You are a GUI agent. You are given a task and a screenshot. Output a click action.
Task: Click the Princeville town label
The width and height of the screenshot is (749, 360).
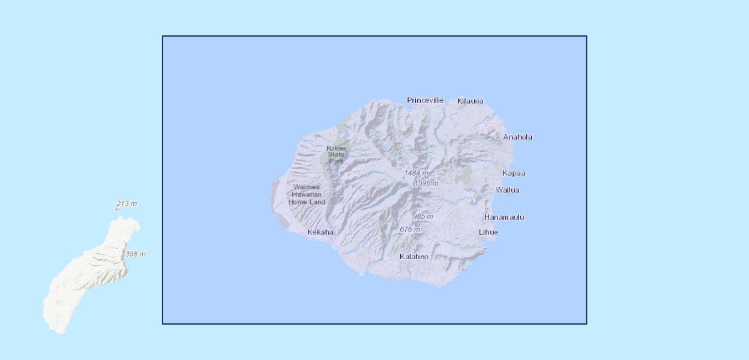tap(425, 100)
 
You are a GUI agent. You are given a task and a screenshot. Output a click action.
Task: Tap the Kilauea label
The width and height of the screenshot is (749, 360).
tap(470, 101)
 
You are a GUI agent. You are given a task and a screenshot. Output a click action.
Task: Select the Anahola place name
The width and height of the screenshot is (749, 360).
tap(517, 137)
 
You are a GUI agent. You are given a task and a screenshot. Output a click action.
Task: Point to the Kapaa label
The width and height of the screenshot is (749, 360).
tap(514, 173)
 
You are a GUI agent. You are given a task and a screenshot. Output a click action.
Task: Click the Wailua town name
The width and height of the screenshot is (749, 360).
tap(507, 190)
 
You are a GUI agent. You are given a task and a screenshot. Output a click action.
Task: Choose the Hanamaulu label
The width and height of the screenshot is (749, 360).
tap(504, 217)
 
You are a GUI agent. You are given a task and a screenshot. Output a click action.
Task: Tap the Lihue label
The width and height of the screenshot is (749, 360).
tap(488, 232)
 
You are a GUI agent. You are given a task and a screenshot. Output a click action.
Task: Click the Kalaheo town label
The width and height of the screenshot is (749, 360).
tap(414, 257)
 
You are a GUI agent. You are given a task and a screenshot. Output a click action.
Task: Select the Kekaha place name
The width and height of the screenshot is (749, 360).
tap(320, 232)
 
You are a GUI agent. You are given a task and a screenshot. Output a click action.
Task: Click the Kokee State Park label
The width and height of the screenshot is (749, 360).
tap(336, 154)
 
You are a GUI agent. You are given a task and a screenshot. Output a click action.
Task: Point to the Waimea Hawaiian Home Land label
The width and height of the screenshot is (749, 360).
tap(307, 194)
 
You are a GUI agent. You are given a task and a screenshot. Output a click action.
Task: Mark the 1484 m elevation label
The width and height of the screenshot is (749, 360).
tap(416, 173)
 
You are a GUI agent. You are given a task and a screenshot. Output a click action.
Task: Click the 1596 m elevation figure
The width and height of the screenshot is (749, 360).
tap(426, 183)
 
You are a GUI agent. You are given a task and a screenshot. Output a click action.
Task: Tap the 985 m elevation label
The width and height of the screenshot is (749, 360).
tap(423, 216)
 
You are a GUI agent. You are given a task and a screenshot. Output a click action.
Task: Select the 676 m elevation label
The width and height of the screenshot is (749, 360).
tap(410, 229)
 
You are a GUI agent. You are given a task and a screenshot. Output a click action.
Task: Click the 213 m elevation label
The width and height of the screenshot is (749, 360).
tap(126, 204)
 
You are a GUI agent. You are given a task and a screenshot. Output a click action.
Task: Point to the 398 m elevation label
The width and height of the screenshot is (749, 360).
tap(135, 254)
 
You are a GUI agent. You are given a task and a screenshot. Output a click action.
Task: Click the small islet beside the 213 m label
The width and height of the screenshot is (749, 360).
tap(117, 208)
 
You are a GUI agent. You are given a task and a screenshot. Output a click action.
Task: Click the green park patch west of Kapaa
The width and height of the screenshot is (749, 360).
tap(465, 175)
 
